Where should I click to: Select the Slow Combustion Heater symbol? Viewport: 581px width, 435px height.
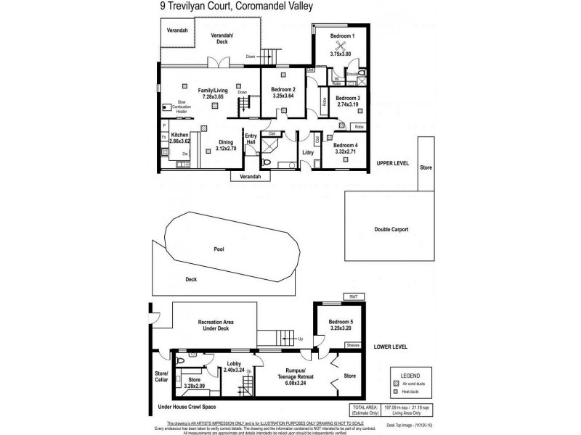pyautogui.click(x=166, y=107)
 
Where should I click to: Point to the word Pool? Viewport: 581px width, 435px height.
pyautogui.click(x=219, y=249)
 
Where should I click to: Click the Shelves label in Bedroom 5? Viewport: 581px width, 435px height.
pyautogui.click(x=354, y=345)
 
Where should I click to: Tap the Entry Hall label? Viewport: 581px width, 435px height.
pyautogui.click(x=251, y=139)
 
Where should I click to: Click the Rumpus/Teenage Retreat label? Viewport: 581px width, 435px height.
pyautogui.click(x=290, y=373)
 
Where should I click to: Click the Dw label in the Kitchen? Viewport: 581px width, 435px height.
pyautogui.click(x=185, y=154)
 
